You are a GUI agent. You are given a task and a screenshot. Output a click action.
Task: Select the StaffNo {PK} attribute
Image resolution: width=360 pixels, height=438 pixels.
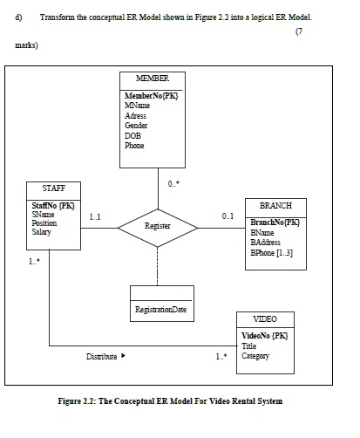pyautogui.click(x=53, y=205)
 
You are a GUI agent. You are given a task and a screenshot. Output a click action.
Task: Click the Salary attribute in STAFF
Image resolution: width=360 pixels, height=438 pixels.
pyautogui.click(x=43, y=233)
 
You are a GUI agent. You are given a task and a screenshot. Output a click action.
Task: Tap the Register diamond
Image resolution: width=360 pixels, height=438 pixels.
pyautogui.click(x=158, y=226)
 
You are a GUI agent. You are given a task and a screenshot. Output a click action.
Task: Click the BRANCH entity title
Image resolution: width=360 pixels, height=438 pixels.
pyautogui.click(x=275, y=206)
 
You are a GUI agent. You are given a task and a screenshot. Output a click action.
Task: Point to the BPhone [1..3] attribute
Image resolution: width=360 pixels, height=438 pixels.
pyautogui.click(x=271, y=253)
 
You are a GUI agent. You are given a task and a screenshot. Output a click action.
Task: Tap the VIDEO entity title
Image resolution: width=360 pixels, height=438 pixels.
pyautogui.click(x=264, y=319)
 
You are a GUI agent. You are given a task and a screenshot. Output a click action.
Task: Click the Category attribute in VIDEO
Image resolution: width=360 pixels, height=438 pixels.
pyautogui.click(x=255, y=356)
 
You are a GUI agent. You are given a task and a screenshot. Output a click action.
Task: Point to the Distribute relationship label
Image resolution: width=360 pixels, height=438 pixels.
pyautogui.click(x=102, y=356)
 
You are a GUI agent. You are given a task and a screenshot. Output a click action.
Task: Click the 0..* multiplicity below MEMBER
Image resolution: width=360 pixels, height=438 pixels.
pyautogui.click(x=173, y=183)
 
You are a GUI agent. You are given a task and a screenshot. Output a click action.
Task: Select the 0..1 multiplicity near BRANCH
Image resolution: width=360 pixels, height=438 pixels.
pyautogui.click(x=228, y=216)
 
